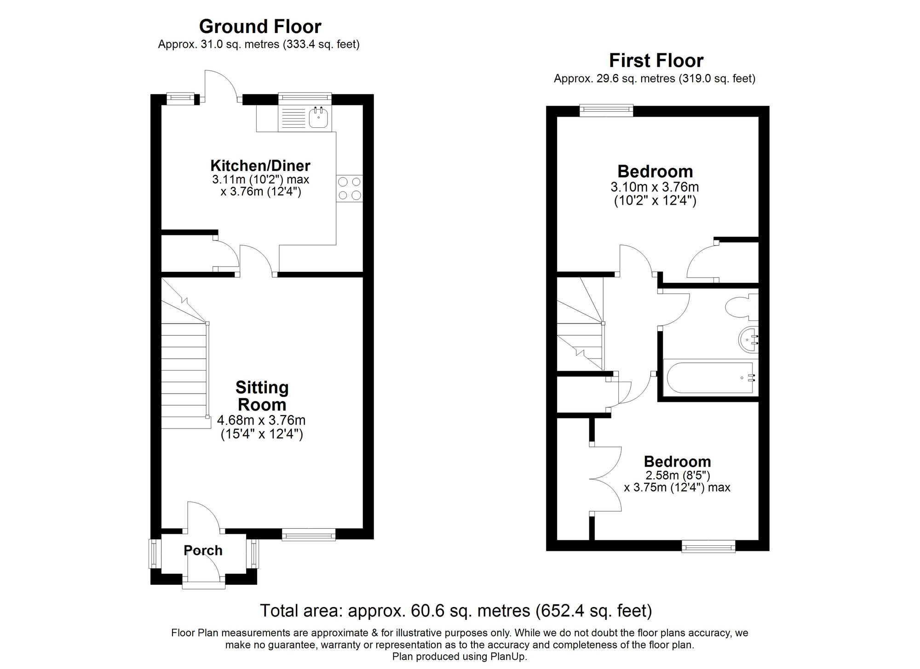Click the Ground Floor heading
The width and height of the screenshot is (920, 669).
tap(260, 27)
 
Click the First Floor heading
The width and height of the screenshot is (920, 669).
tap(656, 61)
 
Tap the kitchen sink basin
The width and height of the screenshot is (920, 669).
tap(318, 118)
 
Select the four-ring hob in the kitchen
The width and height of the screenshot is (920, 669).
tap(350, 189)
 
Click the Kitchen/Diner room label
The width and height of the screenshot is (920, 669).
tap(260, 166)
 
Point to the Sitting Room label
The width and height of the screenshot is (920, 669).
tap(262, 396)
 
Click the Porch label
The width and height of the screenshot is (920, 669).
tap(203, 550)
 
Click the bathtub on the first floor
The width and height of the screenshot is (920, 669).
tap(709, 378)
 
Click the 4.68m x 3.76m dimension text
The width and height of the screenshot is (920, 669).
tap(261, 420)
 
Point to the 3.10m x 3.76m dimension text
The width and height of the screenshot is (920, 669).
tap(655, 187)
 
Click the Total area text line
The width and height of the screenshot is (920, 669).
tap(455, 611)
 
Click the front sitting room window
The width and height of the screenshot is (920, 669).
tap(308, 534)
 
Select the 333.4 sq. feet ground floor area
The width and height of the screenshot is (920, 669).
tap(321, 45)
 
